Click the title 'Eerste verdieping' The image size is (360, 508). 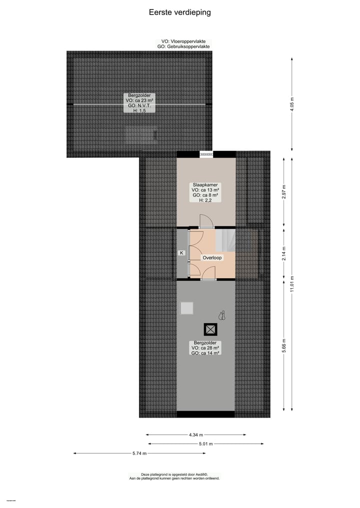[x=179, y=12]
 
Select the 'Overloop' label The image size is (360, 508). [x=212, y=258]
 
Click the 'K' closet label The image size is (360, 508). [x=182, y=253]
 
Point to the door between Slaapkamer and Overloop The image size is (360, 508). [x=205, y=222]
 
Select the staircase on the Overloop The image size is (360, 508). [x=225, y=240]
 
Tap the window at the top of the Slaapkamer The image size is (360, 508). [x=206, y=154]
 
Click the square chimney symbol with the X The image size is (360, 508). [x=210, y=329]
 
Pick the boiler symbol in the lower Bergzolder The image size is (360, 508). [x=222, y=315]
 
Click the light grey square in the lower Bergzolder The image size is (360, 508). [x=187, y=308]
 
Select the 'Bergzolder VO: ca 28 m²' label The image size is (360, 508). [x=205, y=348]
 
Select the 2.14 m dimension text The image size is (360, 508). [x=284, y=254]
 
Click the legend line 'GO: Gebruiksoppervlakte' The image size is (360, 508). [x=183, y=46]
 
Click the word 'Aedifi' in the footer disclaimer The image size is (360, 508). [x=201, y=475]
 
